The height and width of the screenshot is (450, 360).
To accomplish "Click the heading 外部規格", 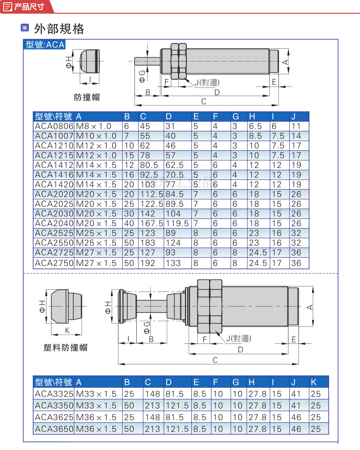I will [x=59, y=29].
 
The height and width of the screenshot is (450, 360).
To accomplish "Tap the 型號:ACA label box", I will [x=45, y=45].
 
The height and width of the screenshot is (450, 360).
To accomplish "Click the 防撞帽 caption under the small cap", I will [x=87, y=97].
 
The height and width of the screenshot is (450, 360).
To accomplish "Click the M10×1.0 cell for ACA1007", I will [x=96, y=136].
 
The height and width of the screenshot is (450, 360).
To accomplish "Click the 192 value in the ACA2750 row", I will [x=148, y=263].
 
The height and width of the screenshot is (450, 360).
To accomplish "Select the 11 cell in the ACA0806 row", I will [x=296, y=126].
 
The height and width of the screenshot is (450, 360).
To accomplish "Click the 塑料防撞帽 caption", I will [x=65, y=348].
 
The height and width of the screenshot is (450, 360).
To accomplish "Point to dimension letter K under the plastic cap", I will [x=67, y=330].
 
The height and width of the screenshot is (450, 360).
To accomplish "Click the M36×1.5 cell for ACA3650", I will [x=96, y=429].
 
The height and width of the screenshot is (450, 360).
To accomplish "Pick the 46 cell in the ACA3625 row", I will [x=296, y=417].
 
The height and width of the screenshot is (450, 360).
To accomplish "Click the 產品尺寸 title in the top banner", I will [x=28, y=6].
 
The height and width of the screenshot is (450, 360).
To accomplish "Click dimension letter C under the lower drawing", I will [x=215, y=360].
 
